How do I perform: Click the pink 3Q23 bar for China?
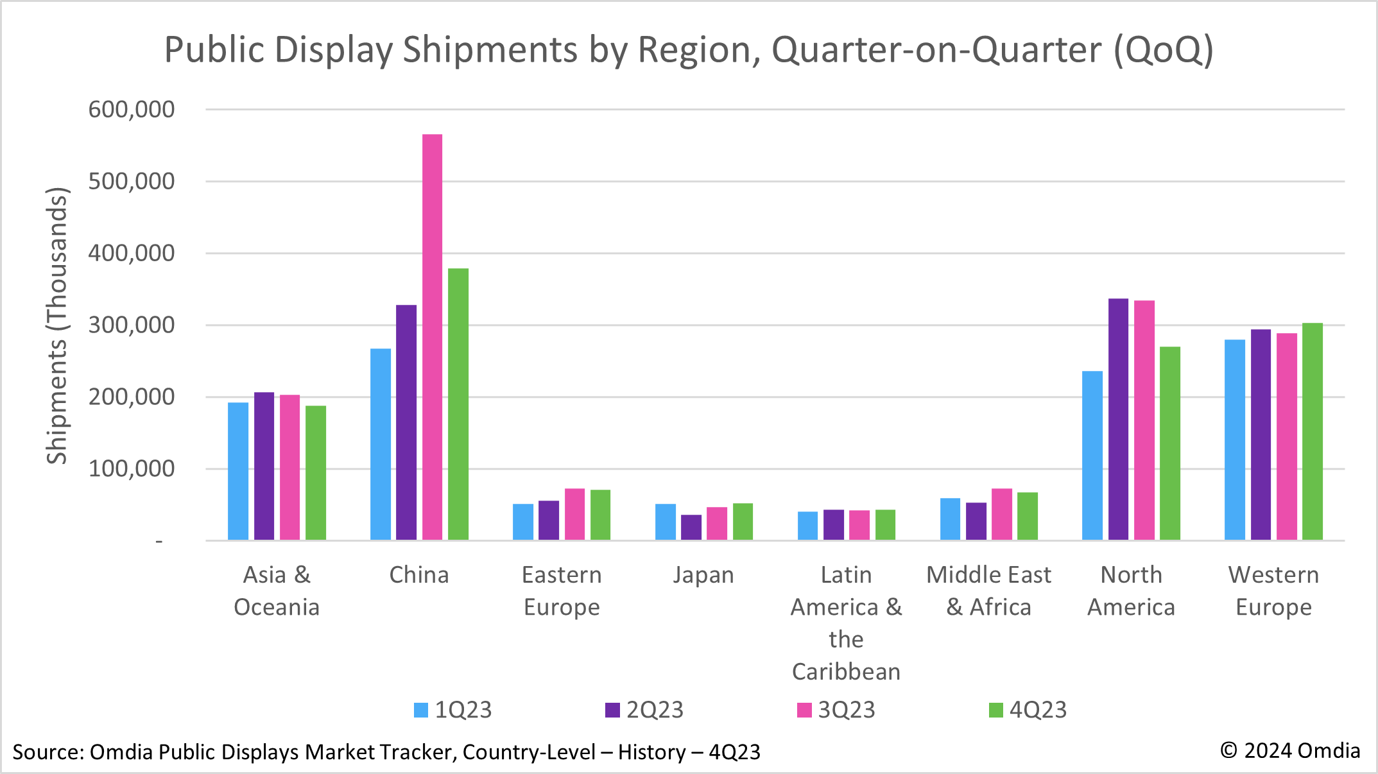tap(432, 337)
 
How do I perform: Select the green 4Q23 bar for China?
tap(458, 404)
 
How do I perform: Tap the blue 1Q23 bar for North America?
tap(1092, 456)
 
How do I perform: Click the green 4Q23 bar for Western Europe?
tap(1312, 431)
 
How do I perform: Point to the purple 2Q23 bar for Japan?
tap(691, 527)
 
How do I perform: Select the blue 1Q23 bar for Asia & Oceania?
tap(238, 471)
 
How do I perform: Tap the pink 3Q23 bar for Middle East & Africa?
tap(1002, 514)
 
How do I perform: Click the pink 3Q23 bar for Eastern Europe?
tap(574, 514)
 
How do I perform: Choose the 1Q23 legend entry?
tap(453, 710)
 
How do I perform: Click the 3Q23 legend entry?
tap(836, 710)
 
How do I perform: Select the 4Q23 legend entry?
tap(1028, 710)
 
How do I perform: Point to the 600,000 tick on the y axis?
tap(132, 109)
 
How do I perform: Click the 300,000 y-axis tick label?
tap(132, 325)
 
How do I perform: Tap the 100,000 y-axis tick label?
tap(132, 469)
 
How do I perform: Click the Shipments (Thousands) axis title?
tap(57, 325)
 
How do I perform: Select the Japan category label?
tap(703, 575)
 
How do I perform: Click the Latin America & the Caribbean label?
tap(846, 623)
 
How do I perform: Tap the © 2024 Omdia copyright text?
tap(1290, 750)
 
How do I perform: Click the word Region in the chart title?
tap(698, 50)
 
